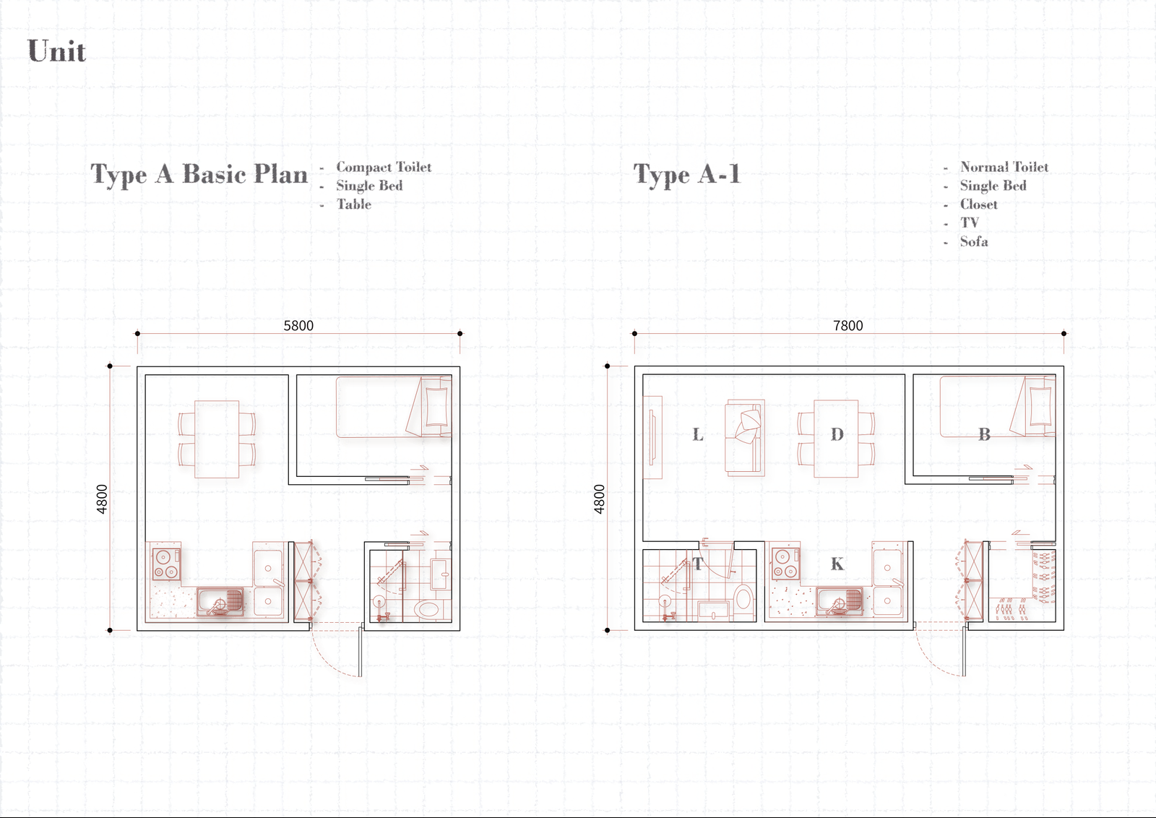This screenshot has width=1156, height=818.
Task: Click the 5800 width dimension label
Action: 298,326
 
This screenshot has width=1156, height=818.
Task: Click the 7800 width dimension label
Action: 848,326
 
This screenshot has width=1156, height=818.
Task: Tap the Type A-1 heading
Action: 687,174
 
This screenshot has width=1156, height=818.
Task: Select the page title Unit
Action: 57,51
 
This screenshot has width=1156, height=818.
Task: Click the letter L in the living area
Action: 698,434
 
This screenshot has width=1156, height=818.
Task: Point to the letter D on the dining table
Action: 837,434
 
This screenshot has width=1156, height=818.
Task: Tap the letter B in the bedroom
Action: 984,434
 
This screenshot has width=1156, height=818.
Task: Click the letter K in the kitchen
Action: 837,564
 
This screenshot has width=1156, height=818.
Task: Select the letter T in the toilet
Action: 698,564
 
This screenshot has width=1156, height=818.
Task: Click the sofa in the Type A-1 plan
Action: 744,438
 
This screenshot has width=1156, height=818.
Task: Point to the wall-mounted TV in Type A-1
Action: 653,438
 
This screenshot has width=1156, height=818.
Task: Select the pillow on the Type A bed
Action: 436,406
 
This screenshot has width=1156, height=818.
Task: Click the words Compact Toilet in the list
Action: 384,167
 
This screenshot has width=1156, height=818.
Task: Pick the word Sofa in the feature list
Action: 974,241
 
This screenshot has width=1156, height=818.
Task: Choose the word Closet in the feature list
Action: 978,204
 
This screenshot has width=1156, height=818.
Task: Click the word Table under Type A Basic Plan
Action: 354,204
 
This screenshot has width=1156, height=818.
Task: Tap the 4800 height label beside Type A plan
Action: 102,499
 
